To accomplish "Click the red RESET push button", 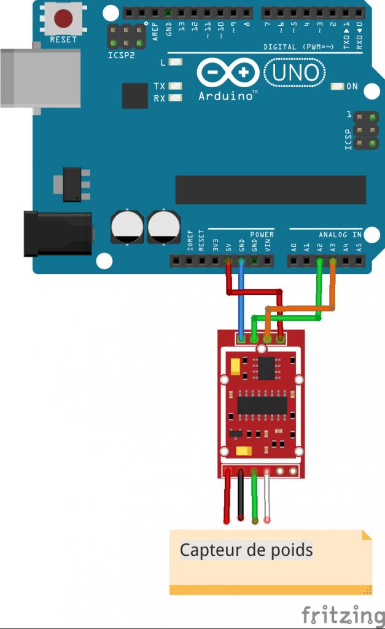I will tap(63, 18).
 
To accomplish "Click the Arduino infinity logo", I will tap(228, 73).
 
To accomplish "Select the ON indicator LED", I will tap(336, 87).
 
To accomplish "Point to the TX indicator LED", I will tap(176, 87).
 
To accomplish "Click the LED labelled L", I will tap(176, 62).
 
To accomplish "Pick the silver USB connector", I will tap(40, 78).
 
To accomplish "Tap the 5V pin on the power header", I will tap(228, 262).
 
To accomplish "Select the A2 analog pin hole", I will tap(319, 262).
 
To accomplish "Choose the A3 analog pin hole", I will tap(333, 262).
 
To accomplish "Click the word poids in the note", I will tap(292, 550).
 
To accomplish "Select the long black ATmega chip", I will tap(270, 190).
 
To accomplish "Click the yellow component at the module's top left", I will tap(235, 367).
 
